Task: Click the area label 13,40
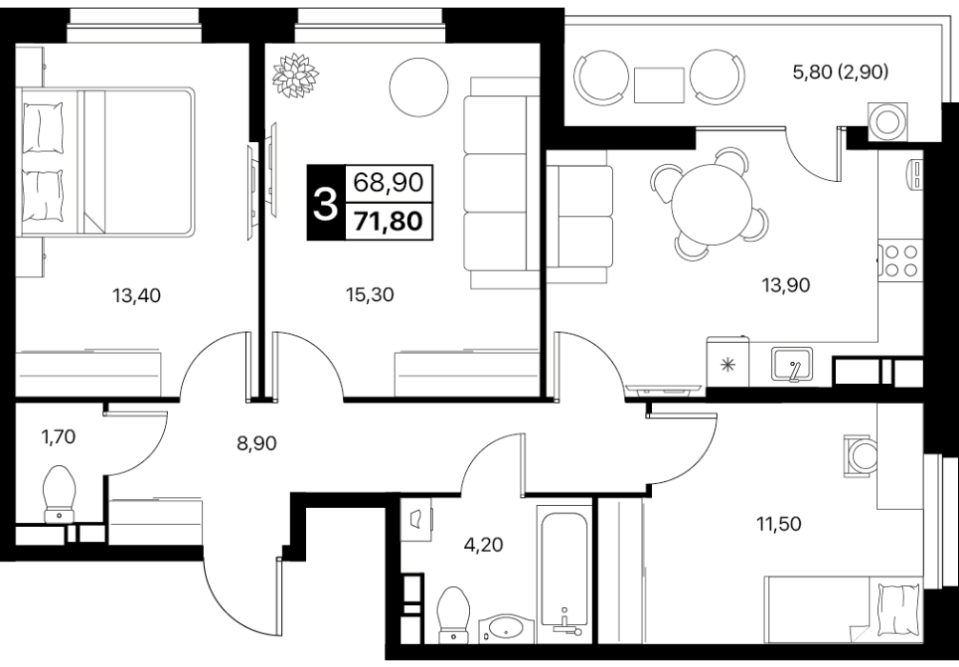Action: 136,296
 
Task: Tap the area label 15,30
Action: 370,294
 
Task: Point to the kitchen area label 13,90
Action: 786,284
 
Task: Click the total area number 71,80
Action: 388,221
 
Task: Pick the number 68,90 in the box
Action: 388,182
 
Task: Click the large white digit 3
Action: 325,204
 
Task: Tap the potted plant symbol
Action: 296,75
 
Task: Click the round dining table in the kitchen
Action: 712,204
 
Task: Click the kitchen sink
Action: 792,364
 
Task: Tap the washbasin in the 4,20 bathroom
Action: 506,629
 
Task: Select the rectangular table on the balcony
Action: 659,85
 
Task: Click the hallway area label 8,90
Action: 256,443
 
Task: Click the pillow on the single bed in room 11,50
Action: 899,610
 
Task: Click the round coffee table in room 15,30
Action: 419,88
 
